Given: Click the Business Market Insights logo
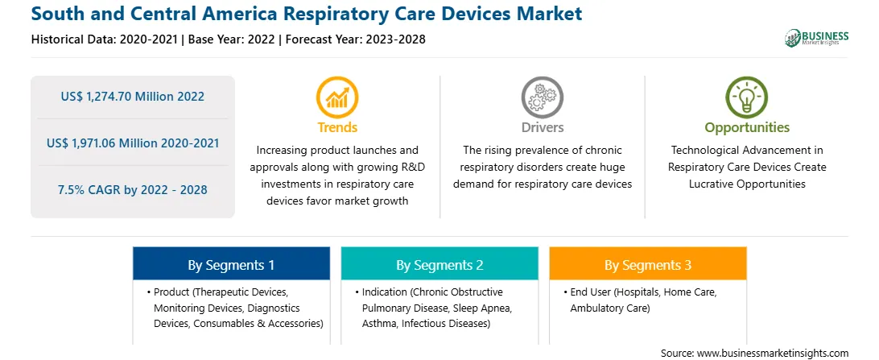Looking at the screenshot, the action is tap(816, 38).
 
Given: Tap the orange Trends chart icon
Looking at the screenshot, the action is tap(337, 97).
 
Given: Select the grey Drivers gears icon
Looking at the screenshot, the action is tap(542, 97).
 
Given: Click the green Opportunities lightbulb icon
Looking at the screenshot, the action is tap(747, 97).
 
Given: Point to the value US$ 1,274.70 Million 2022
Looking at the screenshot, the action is tap(132, 97).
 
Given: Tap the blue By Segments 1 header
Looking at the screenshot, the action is tap(232, 264).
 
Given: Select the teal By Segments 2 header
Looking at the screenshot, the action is tap(439, 264).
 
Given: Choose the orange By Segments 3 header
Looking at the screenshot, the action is tap(647, 264).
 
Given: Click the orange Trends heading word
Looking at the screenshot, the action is tap(337, 127).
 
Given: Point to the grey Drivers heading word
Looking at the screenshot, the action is tap(542, 127).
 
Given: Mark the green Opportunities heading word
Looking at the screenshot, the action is tap(747, 128).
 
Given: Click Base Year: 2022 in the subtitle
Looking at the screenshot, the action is tap(232, 39).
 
